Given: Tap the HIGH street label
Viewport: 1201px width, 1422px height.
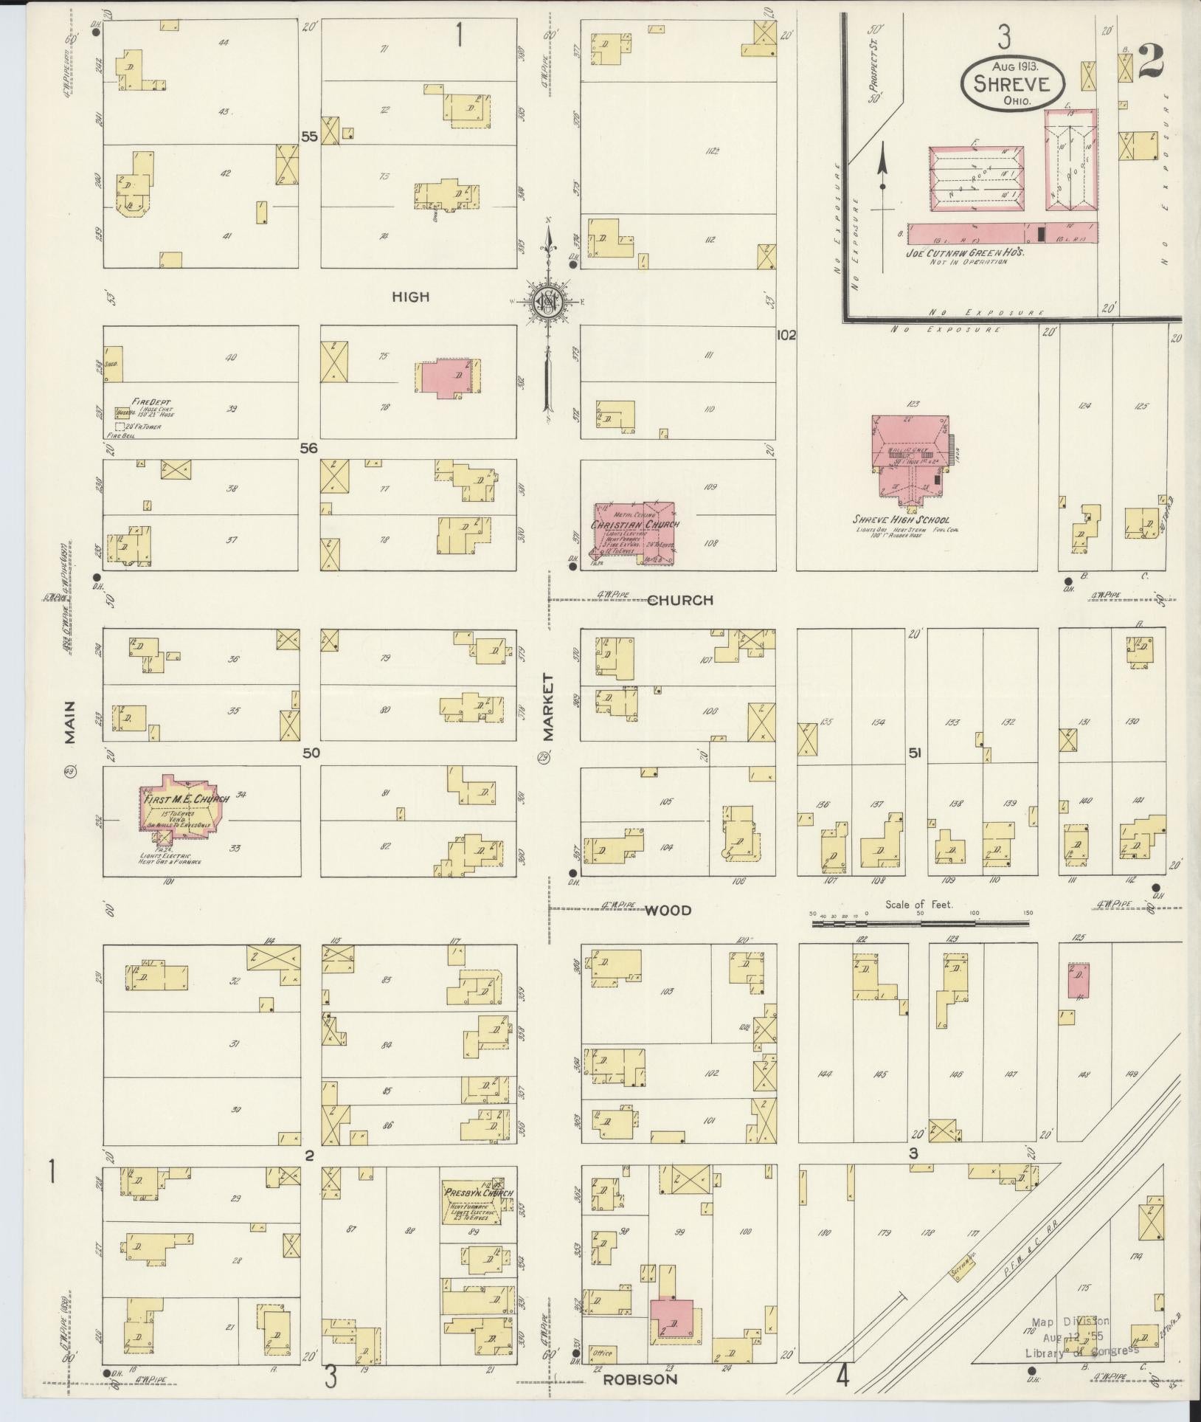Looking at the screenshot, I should pyautogui.click(x=410, y=297).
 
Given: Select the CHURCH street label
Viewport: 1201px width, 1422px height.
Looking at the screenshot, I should pyautogui.click(x=680, y=600).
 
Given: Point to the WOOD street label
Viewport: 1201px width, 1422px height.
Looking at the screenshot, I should pyautogui.click(x=668, y=911).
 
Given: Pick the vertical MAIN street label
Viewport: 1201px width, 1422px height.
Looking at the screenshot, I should pyautogui.click(x=70, y=726).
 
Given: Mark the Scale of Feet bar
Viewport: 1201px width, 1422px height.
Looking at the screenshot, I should pyautogui.click(x=921, y=922).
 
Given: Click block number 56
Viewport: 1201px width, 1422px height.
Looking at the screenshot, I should pyautogui.click(x=308, y=448).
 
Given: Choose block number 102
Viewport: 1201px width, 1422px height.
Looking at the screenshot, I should pyautogui.click(x=786, y=335).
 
